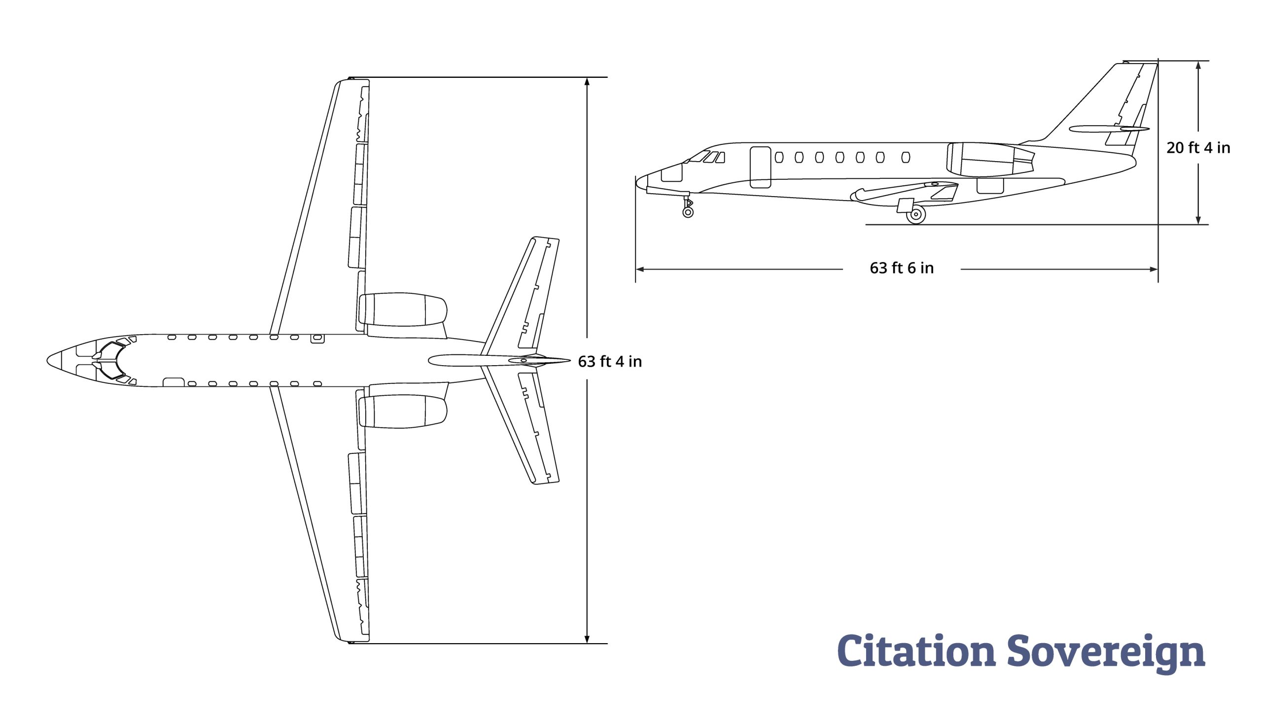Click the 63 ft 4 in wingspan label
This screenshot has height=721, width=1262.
[x=610, y=362]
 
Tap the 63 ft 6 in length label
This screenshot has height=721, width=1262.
[x=902, y=268]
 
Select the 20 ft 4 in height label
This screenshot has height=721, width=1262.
[x=1198, y=147]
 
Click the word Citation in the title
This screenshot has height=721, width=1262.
[x=916, y=650]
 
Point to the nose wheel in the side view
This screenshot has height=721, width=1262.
[x=688, y=212]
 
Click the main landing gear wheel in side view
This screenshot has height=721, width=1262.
[x=916, y=214]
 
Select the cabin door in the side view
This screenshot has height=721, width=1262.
[x=760, y=168]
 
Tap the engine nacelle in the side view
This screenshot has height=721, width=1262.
[x=990, y=160]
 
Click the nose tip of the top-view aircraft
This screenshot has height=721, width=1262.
[x=47, y=361]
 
